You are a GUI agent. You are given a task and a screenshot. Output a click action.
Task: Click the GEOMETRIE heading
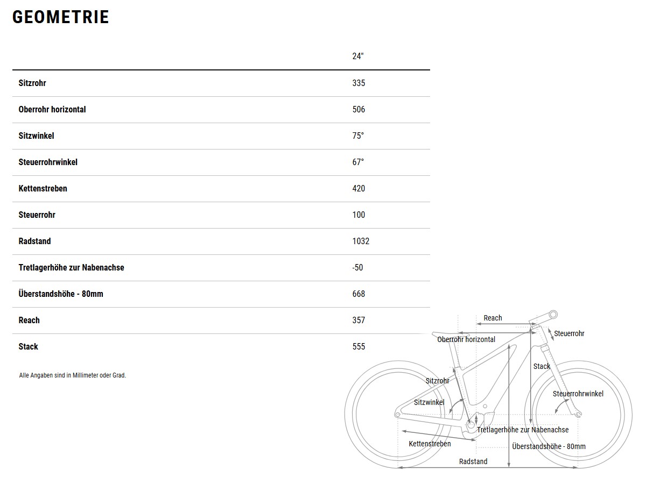[x=61, y=17]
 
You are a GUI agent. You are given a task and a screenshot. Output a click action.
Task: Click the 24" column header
[x=358, y=56]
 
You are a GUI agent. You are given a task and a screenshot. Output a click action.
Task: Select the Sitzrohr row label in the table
[x=32, y=83]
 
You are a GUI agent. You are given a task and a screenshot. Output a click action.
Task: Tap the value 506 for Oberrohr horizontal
[x=359, y=109]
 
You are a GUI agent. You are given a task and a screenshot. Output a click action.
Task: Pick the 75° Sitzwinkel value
[x=358, y=136]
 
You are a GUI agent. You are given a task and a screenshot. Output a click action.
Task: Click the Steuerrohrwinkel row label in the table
[x=48, y=162]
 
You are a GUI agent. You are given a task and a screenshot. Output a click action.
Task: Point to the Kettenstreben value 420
[x=359, y=188]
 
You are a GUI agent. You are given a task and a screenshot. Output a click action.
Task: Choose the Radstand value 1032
[x=361, y=241]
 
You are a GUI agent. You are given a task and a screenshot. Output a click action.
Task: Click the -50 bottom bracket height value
[x=357, y=267]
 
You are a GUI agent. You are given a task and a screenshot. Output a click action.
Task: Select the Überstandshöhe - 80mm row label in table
[x=61, y=294]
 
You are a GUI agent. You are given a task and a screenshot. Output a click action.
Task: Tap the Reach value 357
[x=359, y=320]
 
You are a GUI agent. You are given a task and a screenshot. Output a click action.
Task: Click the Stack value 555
[x=359, y=346]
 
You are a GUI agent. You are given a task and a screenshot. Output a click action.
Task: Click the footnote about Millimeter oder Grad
[x=72, y=375]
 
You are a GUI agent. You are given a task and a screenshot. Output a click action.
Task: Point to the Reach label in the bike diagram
[x=493, y=318]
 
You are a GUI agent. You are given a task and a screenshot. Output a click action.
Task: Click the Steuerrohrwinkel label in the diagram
[x=578, y=394]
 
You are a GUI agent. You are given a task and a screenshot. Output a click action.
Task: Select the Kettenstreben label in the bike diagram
[x=430, y=444]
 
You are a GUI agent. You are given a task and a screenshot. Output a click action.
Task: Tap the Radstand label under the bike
[x=473, y=461]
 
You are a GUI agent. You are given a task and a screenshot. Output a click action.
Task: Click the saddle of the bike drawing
[x=450, y=334]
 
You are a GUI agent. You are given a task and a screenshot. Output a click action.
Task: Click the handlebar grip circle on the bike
[x=553, y=315]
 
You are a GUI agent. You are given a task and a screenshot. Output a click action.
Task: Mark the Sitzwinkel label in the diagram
[x=429, y=402]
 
